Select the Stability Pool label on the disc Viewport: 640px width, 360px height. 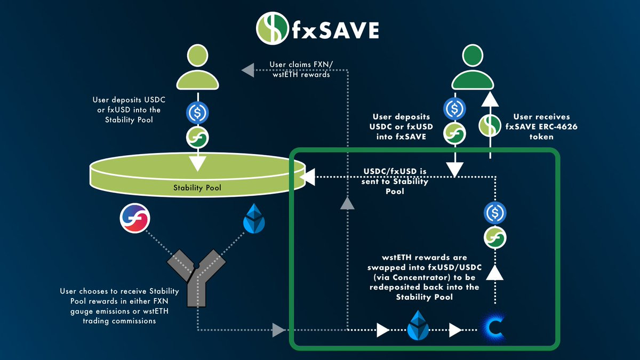point(197,188)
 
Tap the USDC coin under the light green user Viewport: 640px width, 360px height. point(197,113)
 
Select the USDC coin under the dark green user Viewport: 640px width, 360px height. point(455,109)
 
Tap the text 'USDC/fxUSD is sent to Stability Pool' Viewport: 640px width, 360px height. point(395,181)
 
